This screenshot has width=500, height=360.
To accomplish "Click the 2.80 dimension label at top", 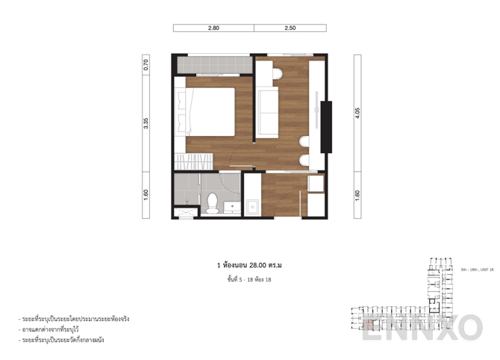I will (213, 28).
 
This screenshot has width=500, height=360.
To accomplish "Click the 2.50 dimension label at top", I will (290, 28).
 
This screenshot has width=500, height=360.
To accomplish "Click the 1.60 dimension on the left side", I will (146, 194).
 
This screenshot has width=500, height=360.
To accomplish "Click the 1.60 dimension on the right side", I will (357, 194).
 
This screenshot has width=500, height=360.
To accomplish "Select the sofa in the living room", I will (268, 111).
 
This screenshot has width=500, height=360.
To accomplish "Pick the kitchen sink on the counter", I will (252, 205).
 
